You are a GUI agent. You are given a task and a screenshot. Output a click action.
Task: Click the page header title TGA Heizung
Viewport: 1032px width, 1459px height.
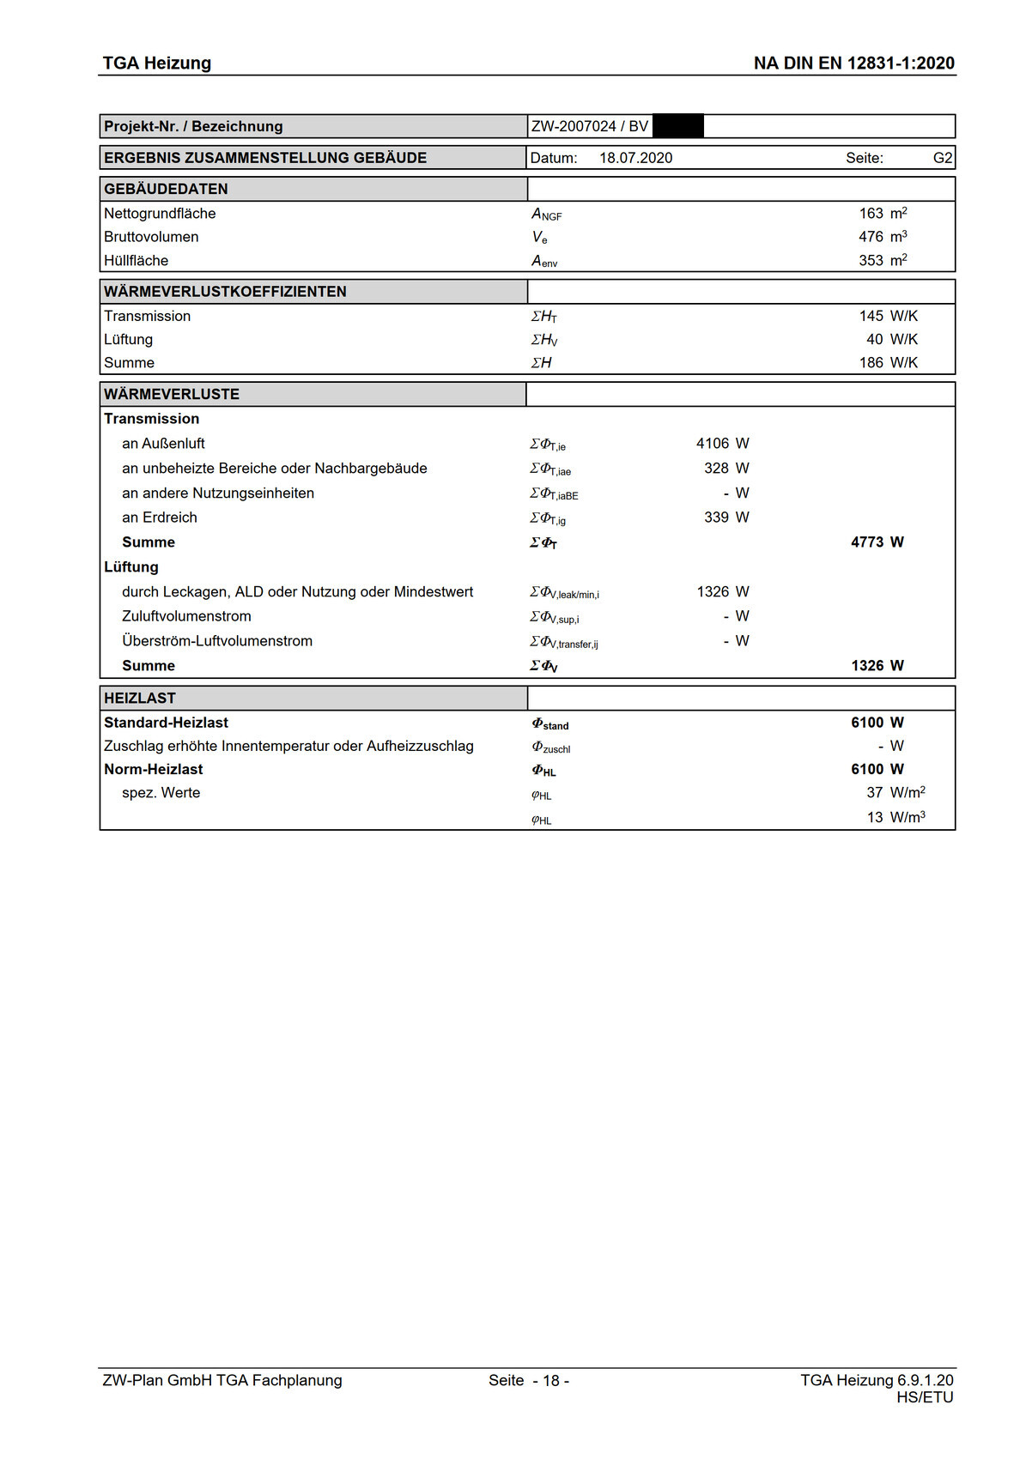click(156, 63)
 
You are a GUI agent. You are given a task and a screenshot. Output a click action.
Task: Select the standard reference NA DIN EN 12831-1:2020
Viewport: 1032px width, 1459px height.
click(853, 63)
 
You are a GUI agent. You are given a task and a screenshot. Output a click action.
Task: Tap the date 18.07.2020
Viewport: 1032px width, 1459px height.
click(635, 158)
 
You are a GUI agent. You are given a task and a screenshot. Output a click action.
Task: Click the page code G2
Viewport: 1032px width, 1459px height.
click(942, 158)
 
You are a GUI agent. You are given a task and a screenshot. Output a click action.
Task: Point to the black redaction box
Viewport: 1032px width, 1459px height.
click(678, 126)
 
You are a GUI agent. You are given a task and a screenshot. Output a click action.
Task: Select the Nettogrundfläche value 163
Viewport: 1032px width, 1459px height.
click(871, 214)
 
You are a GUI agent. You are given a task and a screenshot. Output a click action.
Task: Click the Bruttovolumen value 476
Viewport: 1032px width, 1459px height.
click(871, 237)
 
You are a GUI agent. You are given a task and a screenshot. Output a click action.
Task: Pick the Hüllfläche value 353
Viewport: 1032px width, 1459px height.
click(871, 261)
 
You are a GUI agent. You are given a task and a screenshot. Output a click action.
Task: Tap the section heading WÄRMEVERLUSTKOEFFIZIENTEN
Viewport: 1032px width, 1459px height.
click(225, 292)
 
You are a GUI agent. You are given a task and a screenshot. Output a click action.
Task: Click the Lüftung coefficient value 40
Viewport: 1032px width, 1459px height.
click(874, 340)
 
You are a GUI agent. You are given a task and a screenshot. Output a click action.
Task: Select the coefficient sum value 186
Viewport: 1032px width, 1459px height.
click(871, 363)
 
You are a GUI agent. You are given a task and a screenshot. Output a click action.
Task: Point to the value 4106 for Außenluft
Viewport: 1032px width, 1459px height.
click(712, 444)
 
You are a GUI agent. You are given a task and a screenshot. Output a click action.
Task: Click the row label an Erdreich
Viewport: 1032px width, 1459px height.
click(160, 518)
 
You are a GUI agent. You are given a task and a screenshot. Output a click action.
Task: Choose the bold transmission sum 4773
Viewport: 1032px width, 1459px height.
click(867, 542)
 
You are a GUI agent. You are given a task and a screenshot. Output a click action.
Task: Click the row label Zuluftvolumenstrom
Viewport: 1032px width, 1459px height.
click(186, 616)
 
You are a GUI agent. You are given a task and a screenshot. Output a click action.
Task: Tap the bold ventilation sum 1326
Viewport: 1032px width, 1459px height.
click(867, 666)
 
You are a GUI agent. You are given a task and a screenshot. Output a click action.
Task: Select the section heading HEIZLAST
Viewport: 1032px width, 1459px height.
click(140, 699)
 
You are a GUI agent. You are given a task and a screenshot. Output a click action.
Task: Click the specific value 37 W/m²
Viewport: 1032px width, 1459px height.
click(874, 793)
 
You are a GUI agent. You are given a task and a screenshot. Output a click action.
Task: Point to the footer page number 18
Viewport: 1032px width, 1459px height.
click(550, 1381)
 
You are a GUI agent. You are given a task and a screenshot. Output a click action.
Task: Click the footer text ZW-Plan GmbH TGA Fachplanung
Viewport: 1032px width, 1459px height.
click(222, 1381)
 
